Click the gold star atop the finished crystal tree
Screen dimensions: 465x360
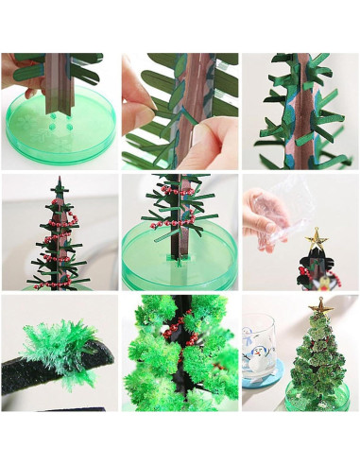coord(321,306)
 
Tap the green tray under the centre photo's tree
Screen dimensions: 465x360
coord(180,268)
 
